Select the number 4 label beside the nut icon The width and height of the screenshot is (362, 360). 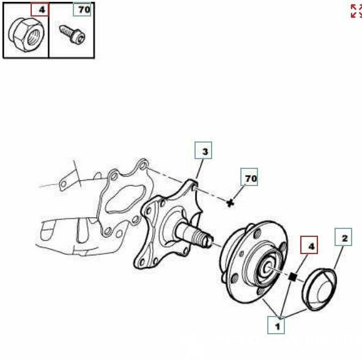click(41, 10)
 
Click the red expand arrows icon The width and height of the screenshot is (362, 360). click(356, 11)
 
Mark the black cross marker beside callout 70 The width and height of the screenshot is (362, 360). click(231, 202)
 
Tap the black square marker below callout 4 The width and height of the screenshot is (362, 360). click(293, 277)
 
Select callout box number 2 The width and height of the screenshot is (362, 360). click(344, 236)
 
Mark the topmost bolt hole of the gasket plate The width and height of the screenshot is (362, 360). click(142, 165)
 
